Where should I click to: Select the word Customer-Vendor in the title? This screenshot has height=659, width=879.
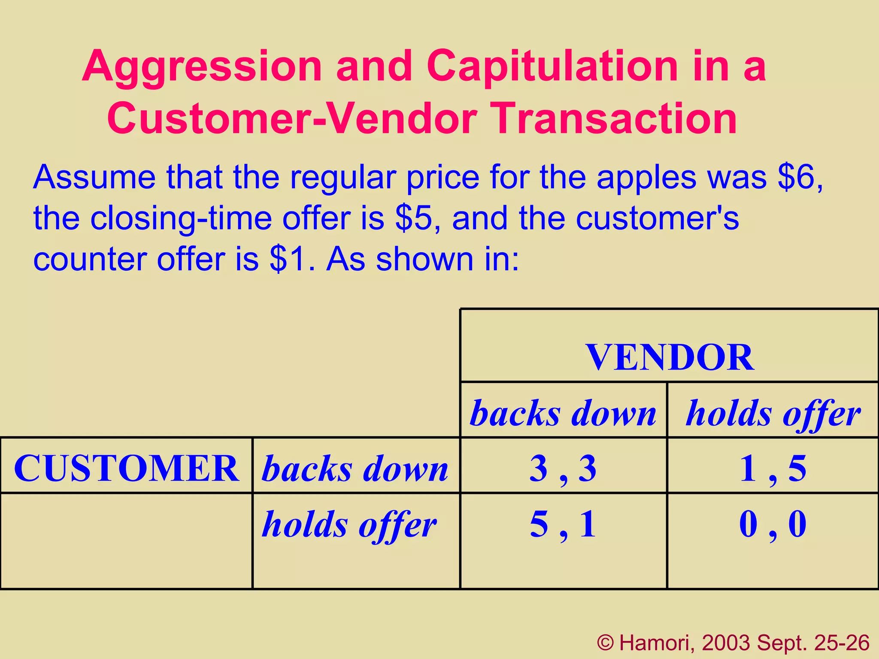(292, 118)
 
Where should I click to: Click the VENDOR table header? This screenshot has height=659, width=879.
(669, 357)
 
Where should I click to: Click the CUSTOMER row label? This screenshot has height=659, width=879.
(126, 468)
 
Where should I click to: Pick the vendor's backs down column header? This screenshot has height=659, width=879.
(563, 413)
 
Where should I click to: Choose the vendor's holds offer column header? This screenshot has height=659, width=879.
(773, 413)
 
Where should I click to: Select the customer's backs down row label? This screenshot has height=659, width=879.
(355, 468)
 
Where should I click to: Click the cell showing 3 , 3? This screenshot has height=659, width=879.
(563, 468)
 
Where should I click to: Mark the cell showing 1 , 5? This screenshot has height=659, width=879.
(773, 468)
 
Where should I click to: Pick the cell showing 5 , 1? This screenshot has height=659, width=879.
(563, 524)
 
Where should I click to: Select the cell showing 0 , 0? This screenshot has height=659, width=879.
(773, 524)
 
